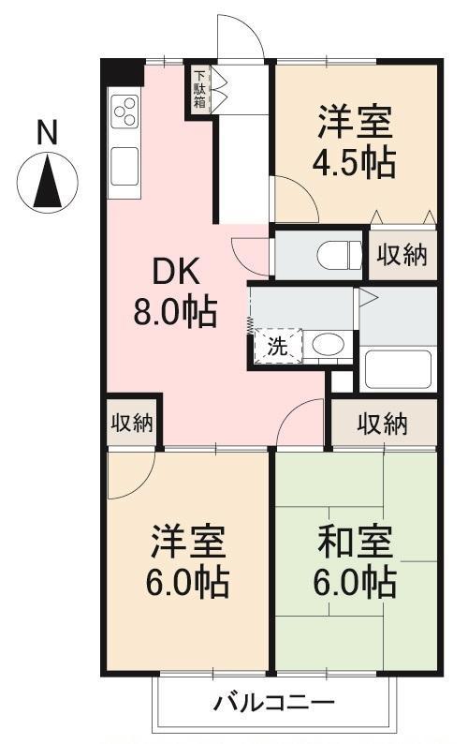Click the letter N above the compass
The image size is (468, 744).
click(x=47, y=132)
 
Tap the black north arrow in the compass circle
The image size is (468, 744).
click(x=48, y=183)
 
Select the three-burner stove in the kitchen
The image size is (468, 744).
click(x=124, y=111)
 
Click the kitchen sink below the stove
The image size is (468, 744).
click(x=124, y=167)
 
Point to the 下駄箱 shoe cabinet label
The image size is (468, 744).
click(x=199, y=89)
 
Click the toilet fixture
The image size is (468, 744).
click(x=340, y=254)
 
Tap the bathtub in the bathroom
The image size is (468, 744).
click(x=398, y=368)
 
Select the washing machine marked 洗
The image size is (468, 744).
click(x=278, y=346)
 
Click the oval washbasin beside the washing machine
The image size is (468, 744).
click(x=328, y=344)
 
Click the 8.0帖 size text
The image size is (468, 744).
click(x=175, y=312)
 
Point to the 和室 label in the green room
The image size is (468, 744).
click(x=356, y=541)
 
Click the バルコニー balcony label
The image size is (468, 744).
click(x=273, y=702)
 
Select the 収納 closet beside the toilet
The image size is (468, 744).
click(x=402, y=255)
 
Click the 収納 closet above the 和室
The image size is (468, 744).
click(x=382, y=424)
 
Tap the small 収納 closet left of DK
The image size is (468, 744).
click(x=131, y=423)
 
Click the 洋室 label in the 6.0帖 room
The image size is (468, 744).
click(x=188, y=541)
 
